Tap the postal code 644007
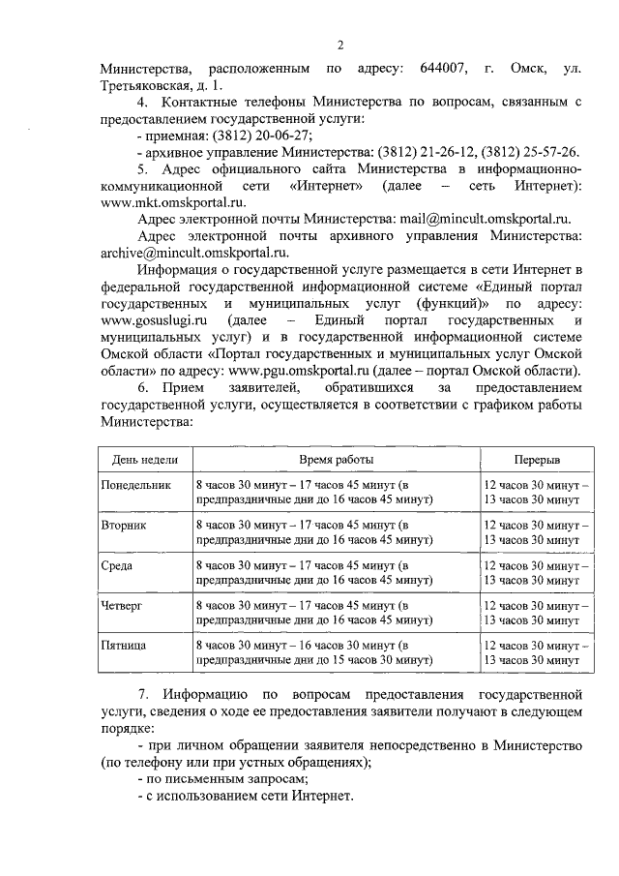[x=444, y=70]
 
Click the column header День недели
[x=143, y=458]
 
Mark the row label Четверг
[x=123, y=605]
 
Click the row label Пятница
[x=124, y=645]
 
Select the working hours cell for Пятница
[x=313, y=652]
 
